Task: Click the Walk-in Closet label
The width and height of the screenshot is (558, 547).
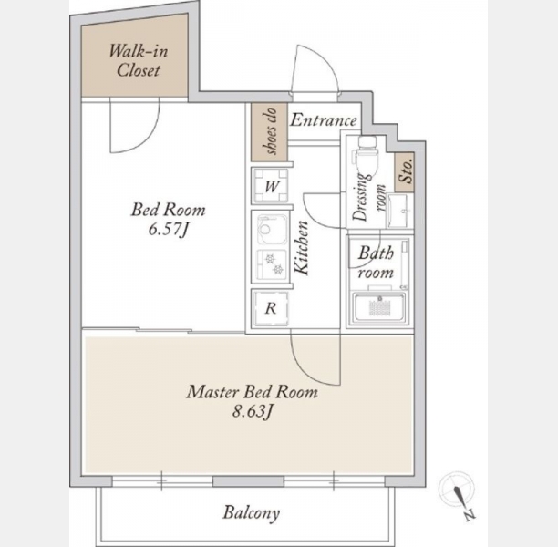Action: coord(138,60)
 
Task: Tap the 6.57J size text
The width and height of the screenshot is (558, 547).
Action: coord(168,229)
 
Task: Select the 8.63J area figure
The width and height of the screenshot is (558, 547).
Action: coord(253,411)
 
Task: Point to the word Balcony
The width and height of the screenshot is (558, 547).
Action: coord(252,513)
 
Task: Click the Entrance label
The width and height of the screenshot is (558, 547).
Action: coord(324,120)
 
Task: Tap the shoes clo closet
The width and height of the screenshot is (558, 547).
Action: coord(269,131)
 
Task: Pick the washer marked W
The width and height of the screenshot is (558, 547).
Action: coord(271,186)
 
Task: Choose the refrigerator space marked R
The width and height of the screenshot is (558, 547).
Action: coord(271,308)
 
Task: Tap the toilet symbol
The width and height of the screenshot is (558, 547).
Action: coord(367,155)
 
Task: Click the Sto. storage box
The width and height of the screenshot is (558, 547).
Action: coord(405,172)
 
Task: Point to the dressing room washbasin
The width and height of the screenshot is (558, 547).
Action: coord(398,211)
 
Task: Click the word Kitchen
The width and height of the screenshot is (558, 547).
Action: coord(302,248)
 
